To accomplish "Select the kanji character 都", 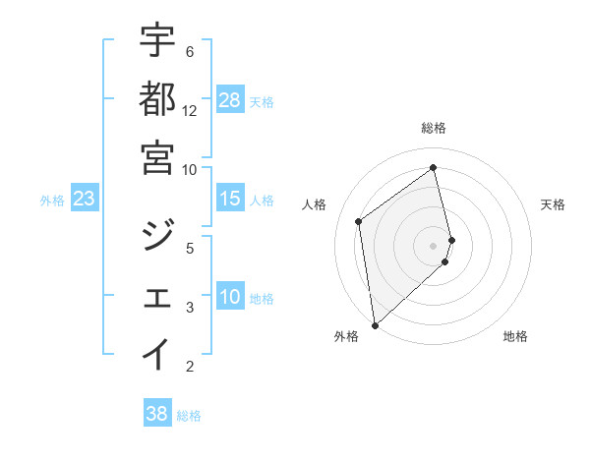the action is pyautogui.click(x=157, y=98).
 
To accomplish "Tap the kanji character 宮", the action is pyautogui.click(x=157, y=157).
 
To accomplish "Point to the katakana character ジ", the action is pyautogui.click(x=157, y=236).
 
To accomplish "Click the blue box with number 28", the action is pyautogui.click(x=230, y=100).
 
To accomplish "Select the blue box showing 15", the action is pyautogui.click(x=230, y=200).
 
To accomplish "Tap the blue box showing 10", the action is pyautogui.click(x=230, y=298).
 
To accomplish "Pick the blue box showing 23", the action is pyautogui.click(x=85, y=200).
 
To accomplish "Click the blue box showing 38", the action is pyautogui.click(x=157, y=414).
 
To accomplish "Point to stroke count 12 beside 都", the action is pyautogui.click(x=190, y=111).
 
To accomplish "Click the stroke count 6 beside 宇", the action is pyautogui.click(x=189, y=51).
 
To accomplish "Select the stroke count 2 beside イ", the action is pyautogui.click(x=189, y=367).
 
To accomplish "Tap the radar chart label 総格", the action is pyautogui.click(x=434, y=128).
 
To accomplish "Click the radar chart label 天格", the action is pyautogui.click(x=553, y=204).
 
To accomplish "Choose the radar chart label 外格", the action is pyautogui.click(x=346, y=336).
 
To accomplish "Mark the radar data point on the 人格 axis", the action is pyautogui.click(x=359, y=221).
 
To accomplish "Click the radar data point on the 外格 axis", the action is pyautogui.click(x=375, y=324).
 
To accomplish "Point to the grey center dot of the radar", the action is pyautogui.click(x=434, y=245).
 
